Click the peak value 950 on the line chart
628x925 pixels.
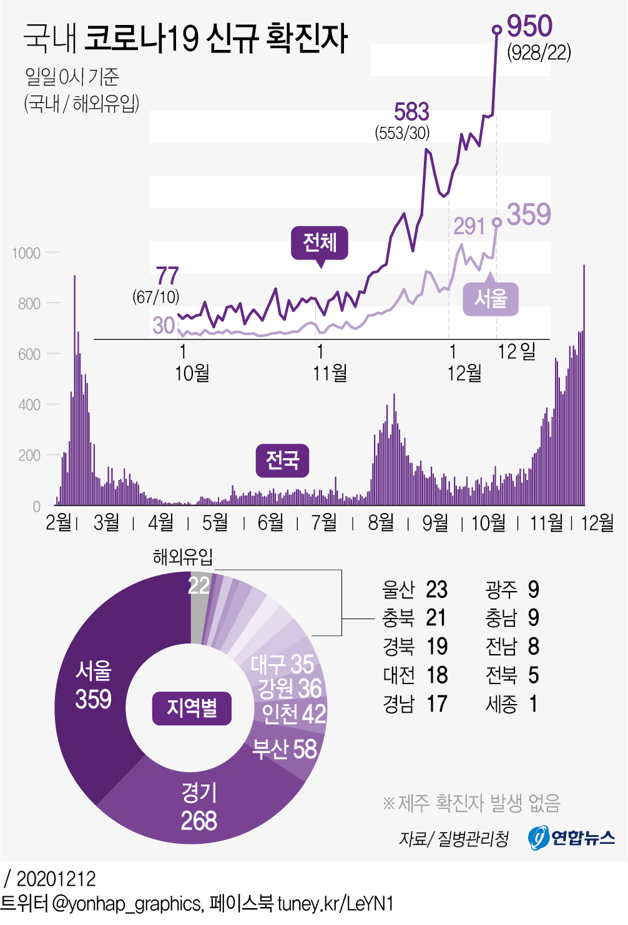pyautogui.click(x=529, y=26)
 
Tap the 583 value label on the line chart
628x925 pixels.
pyautogui.click(x=411, y=112)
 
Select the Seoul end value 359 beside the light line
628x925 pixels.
pyautogui.click(x=529, y=215)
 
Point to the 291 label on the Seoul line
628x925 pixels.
pyautogui.click(x=469, y=226)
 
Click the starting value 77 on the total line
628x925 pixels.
pyautogui.click(x=167, y=276)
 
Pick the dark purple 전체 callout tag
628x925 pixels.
pyautogui.click(x=320, y=242)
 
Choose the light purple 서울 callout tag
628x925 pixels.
pyautogui.click(x=491, y=299)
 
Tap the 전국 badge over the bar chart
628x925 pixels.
pyautogui.click(x=283, y=461)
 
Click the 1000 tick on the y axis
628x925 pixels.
pyautogui.click(x=26, y=253)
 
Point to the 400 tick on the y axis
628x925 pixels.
pyautogui.click(x=29, y=405)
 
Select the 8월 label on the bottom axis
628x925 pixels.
pyautogui.click(x=381, y=522)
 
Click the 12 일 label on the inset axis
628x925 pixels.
pyautogui.click(x=516, y=351)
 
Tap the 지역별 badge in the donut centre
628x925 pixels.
pyautogui.click(x=192, y=708)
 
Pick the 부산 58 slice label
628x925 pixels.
pyautogui.click(x=285, y=749)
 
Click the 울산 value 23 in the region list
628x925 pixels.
pyautogui.click(x=437, y=589)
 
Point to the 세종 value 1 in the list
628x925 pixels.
pyautogui.click(x=533, y=704)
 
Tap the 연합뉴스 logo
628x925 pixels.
pyautogui.click(x=571, y=838)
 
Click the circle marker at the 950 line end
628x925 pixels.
pyautogui.click(x=497, y=29)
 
